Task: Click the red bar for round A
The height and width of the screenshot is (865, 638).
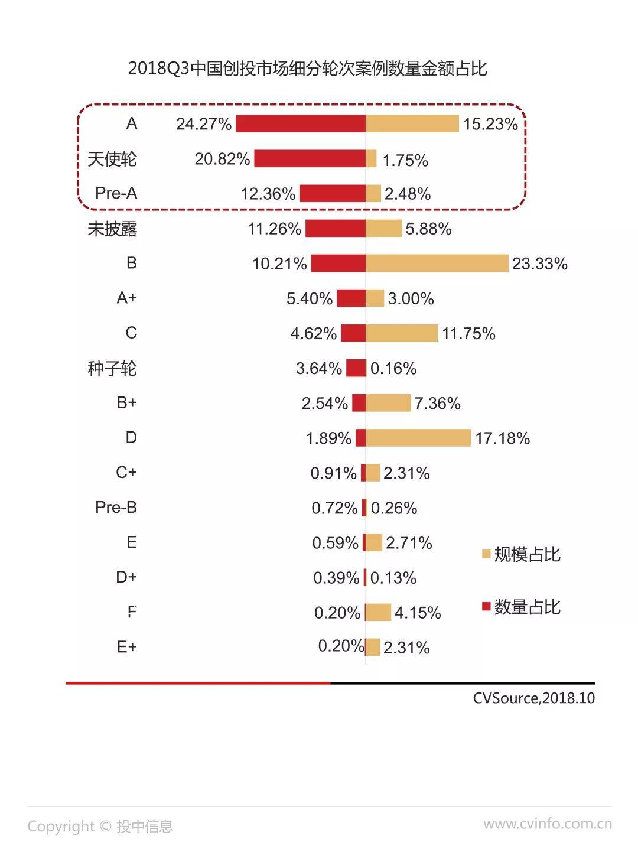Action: pos(301,123)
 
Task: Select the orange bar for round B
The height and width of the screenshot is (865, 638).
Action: pos(437,263)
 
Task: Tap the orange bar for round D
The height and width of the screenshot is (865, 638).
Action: pos(418,438)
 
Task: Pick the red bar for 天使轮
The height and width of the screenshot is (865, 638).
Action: pos(310,158)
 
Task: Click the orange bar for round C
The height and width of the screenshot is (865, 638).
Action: pos(402,333)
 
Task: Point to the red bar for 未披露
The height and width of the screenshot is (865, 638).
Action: pos(336,228)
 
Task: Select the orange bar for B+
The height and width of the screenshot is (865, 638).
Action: pos(388,403)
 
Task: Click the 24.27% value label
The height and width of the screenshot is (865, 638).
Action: pos(204,124)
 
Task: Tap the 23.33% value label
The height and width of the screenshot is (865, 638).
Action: pos(539,264)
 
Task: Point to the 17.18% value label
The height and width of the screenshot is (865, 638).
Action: pos(502,438)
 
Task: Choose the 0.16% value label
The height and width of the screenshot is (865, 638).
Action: pos(393,369)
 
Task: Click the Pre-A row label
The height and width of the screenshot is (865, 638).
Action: pos(116,193)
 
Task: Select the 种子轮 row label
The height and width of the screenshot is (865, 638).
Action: pos(112,369)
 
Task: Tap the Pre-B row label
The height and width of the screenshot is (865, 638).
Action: pos(116,508)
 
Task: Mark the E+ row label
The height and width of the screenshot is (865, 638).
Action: pos(126,647)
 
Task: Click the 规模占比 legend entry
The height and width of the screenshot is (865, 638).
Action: pos(521,554)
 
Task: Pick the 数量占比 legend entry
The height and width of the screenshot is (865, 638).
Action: pos(521,607)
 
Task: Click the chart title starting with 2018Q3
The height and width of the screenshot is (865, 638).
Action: pos(307,69)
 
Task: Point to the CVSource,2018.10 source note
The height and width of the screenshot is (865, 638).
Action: pos(533,698)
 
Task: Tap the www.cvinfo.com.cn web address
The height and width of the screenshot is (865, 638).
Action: pos(547,824)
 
